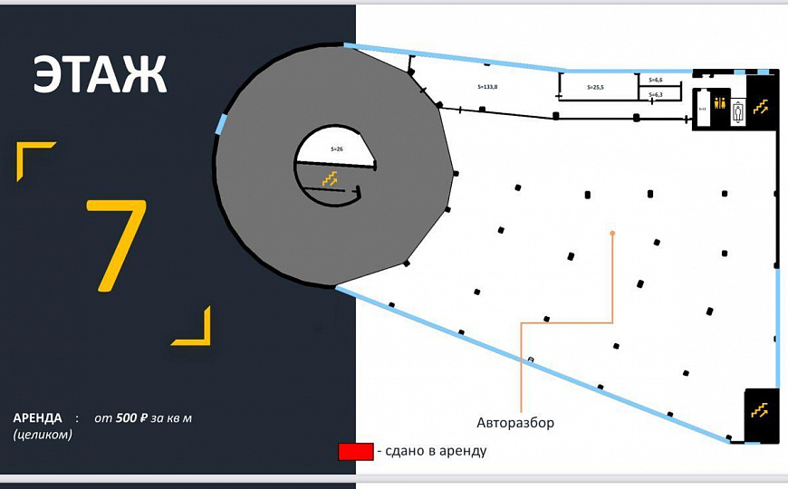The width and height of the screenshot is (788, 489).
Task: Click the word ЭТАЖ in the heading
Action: (101, 75)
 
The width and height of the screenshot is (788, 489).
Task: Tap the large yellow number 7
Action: (117, 244)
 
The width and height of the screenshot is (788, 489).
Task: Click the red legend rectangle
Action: (355, 452)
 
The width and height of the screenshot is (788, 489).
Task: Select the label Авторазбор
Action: (515, 423)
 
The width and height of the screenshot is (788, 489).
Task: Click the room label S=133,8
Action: (487, 86)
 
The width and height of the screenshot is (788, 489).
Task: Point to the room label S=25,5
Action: (595, 88)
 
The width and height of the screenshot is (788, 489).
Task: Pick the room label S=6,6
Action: (656, 81)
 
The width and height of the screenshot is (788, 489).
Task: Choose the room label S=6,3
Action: (656, 94)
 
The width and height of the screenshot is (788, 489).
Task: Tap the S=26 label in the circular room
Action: (337, 149)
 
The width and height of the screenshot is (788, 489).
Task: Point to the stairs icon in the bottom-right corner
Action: (760, 409)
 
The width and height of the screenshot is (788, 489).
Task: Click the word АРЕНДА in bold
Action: (38, 418)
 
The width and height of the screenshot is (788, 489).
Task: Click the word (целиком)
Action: (43, 435)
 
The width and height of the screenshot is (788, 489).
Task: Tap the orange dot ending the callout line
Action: (613, 234)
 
